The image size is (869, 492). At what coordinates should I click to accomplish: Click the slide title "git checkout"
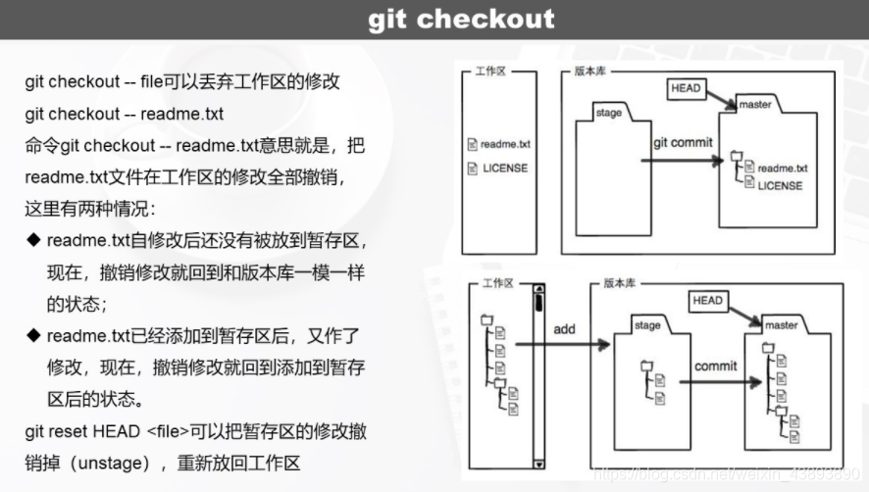click(461, 20)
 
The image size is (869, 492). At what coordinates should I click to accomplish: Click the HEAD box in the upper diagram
click(686, 88)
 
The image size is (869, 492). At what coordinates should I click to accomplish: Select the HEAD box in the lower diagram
click(707, 301)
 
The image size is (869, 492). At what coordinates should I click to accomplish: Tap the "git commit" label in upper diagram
click(684, 142)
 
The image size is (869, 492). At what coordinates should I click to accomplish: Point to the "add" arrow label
click(564, 329)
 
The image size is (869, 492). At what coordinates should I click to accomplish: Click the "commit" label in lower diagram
click(715, 367)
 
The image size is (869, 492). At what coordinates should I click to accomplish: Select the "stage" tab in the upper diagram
click(608, 113)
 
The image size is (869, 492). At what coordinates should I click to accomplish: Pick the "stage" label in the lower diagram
click(647, 325)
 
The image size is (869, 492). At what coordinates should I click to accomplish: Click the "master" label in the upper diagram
click(755, 105)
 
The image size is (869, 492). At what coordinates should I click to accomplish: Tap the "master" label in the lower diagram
click(782, 325)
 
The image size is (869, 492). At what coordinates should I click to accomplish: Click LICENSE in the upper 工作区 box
click(504, 168)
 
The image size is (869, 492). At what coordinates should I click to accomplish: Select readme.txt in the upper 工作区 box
click(505, 144)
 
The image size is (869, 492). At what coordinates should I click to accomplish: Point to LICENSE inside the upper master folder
click(780, 185)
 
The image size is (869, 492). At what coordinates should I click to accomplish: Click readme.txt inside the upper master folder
click(782, 169)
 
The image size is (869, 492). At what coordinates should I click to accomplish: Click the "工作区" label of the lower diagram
click(498, 282)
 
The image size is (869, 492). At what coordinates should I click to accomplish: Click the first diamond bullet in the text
click(32, 240)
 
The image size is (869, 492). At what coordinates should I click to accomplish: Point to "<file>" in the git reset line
click(174, 432)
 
